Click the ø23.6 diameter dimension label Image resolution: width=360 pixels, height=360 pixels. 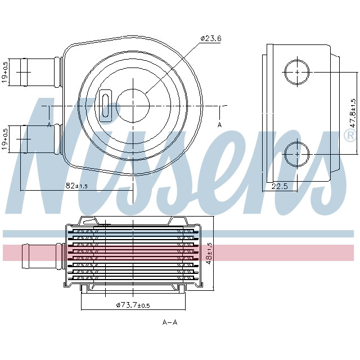pos(211,39)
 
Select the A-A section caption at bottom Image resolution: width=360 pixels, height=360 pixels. pos(170,322)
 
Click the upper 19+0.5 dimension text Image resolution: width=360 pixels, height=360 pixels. pos(5,72)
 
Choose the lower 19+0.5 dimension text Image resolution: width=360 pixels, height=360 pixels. pos(5,138)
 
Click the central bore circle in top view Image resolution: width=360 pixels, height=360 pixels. pos(132,105)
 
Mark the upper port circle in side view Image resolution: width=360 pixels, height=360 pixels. pos(297,72)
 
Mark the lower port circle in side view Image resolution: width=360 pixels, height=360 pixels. pos(297,153)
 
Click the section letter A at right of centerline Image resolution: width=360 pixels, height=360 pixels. pos(220,124)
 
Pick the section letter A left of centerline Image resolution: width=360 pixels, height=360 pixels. pos(49,124)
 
